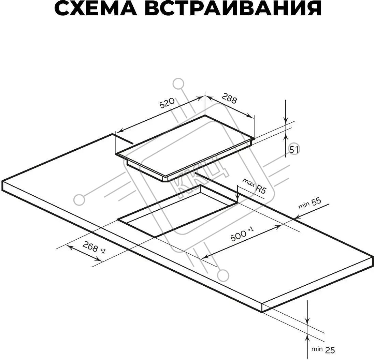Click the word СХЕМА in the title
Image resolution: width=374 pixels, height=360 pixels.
click(x=96, y=9)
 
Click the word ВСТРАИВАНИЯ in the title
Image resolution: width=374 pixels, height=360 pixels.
click(x=233, y=9)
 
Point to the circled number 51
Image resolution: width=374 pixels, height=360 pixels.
click(x=294, y=150)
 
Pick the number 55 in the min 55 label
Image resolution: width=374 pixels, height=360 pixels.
click(x=316, y=202)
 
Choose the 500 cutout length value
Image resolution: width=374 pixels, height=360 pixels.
click(x=238, y=235)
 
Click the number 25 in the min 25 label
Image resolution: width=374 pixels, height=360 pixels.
click(x=330, y=350)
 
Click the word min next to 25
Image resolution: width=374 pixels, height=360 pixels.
click(x=317, y=349)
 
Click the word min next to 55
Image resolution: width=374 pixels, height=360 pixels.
click(x=304, y=205)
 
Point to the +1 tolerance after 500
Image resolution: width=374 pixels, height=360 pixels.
click(x=251, y=229)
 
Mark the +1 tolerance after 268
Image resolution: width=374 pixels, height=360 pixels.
click(x=103, y=251)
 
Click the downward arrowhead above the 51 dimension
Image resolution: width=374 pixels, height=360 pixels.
click(x=286, y=121)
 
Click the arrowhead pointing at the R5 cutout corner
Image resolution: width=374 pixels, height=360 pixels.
click(x=237, y=199)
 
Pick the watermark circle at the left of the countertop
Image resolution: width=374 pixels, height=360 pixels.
click(x=80, y=200)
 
